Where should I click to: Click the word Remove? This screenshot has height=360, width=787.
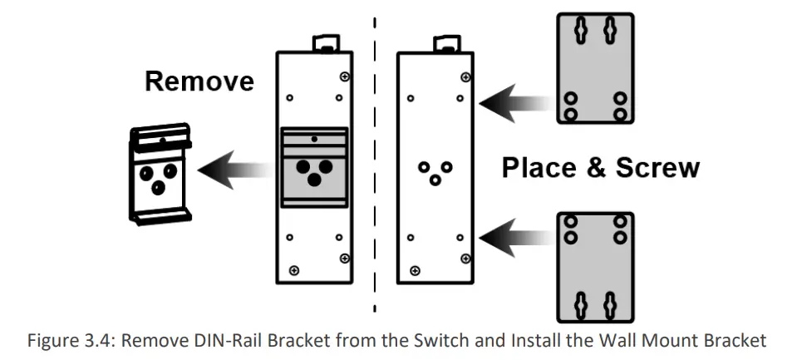(199, 81)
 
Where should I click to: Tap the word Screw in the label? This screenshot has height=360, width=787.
(657, 168)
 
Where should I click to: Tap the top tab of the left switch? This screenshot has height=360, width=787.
(323, 42)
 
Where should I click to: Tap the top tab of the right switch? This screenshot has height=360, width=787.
(449, 44)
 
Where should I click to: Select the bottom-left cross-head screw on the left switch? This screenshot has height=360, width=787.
(293, 269)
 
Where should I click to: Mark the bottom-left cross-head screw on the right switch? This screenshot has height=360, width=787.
(414, 269)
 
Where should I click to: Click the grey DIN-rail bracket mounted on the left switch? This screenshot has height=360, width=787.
(315, 166)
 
